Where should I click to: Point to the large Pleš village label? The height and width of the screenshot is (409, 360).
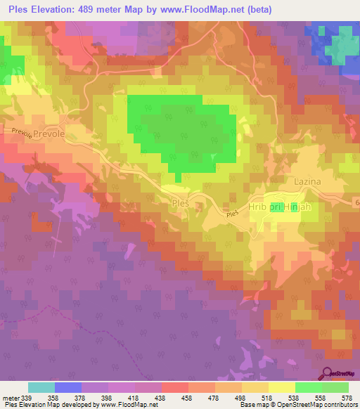181,202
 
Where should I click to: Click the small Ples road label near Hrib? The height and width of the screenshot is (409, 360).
233,214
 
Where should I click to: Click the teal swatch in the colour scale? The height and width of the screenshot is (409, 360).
41,388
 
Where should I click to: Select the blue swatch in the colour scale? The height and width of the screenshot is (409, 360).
68,388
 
